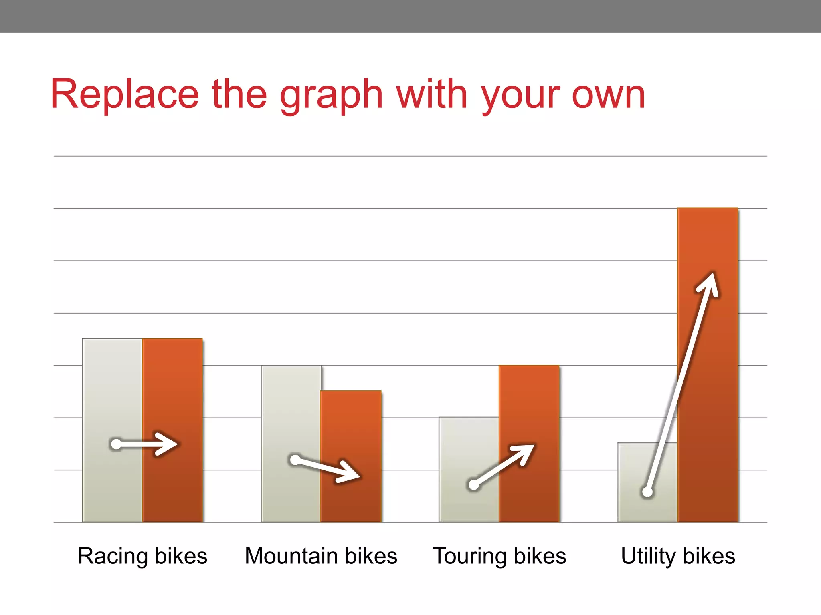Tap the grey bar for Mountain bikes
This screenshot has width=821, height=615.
click(x=291, y=412)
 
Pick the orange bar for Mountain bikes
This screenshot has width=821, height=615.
click(x=351, y=432)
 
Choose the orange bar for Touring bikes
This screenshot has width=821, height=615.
click(x=529, y=408)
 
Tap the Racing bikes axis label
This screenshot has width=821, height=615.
click(x=142, y=556)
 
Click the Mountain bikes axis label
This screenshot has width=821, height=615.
click(x=321, y=556)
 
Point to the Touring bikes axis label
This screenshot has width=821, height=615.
click(x=499, y=556)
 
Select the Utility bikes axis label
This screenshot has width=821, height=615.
click(x=678, y=556)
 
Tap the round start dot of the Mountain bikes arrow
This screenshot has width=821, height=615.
click(x=295, y=460)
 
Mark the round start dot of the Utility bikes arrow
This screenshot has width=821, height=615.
click(x=647, y=492)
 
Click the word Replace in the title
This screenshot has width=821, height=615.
click(x=125, y=94)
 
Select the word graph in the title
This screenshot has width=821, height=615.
click(x=331, y=96)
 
